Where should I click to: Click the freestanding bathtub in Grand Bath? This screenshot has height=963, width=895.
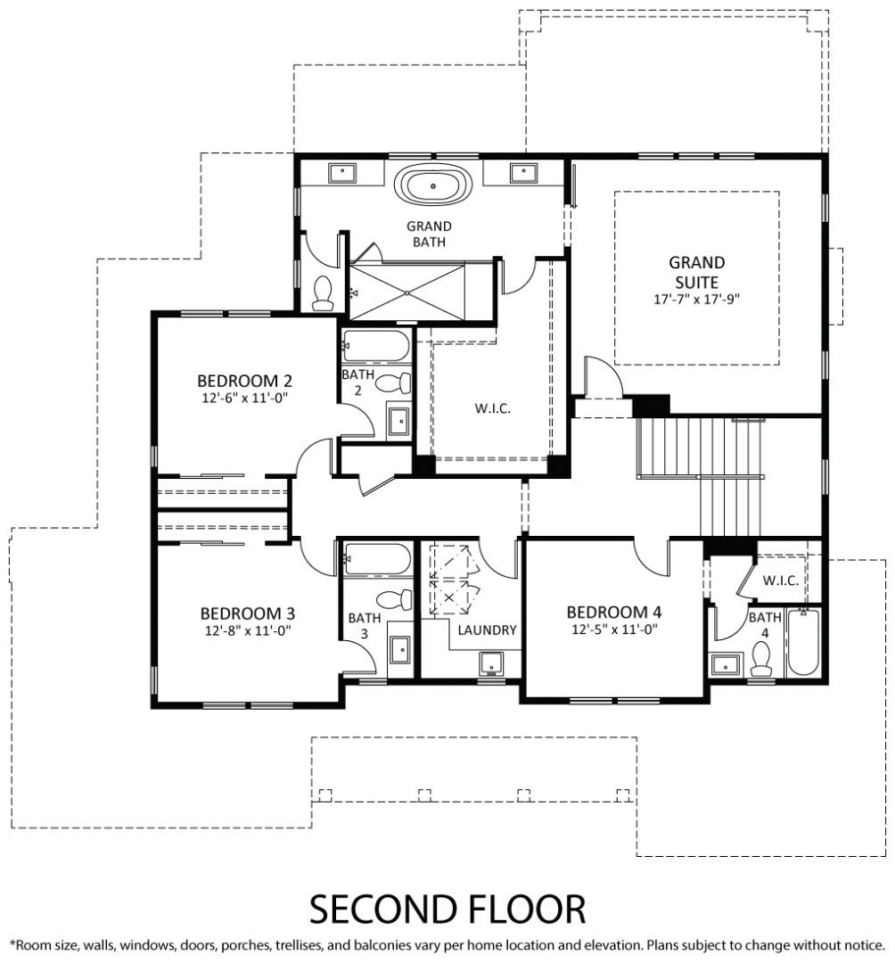[433, 185]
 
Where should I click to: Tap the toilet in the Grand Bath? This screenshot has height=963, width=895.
[323, 293]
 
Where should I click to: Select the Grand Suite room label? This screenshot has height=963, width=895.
[696, 272]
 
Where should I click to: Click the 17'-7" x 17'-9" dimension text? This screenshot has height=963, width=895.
[697, 300]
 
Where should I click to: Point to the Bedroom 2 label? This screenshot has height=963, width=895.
[244, 381]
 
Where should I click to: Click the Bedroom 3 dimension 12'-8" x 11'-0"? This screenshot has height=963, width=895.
[248, 630]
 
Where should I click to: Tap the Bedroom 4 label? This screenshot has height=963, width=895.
[614, 613]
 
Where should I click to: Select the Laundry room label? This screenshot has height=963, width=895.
[487, 630]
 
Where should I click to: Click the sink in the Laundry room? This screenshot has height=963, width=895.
[491, 663]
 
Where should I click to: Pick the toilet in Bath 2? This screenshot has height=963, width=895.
[393, 383]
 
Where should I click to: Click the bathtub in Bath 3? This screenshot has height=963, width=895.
[376, 559]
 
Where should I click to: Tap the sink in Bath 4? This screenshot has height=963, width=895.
[727, 664]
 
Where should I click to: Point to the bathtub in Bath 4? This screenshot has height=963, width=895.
[803, 642]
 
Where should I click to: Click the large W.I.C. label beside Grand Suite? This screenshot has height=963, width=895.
[492, 408]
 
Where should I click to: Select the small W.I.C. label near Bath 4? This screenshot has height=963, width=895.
[780, 580]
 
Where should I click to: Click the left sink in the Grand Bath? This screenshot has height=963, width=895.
[342, 173]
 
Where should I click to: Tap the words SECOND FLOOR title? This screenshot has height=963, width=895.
[447, 909]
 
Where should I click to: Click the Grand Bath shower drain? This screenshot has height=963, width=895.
[407, 293]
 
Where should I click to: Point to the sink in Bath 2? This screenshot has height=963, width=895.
[398, 421]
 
